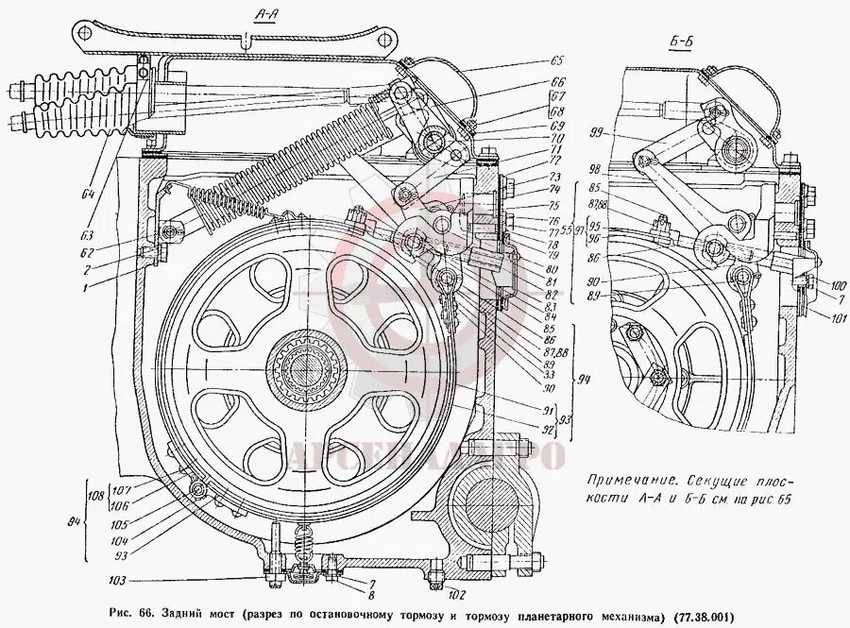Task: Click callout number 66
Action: point(558,81)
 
